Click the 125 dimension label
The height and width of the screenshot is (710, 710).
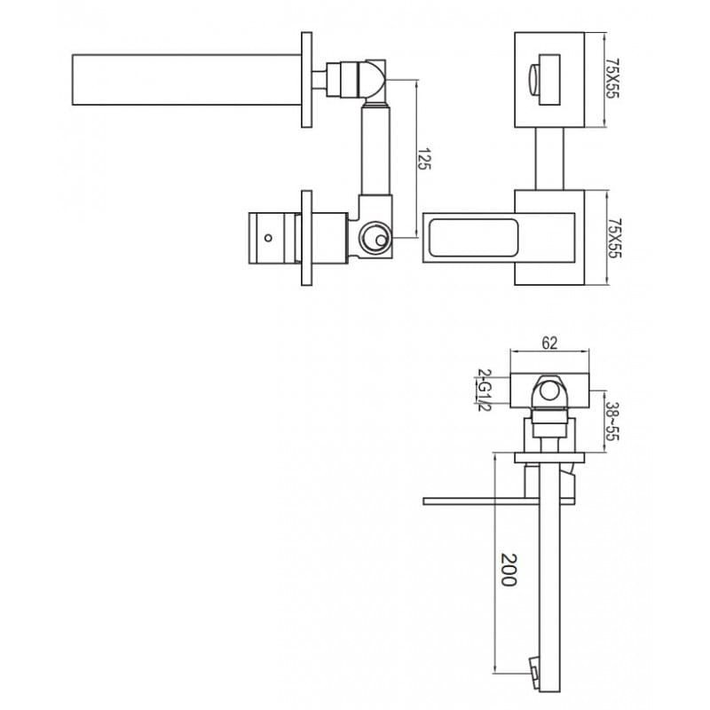point(423,159)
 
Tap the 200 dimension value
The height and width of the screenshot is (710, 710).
point(509,570)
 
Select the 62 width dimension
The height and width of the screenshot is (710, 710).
point(549,343)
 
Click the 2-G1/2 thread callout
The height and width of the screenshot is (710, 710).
point(484,390)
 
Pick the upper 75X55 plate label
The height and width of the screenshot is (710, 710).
point(612,78)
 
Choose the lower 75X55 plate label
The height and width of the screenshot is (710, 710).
point(614,239)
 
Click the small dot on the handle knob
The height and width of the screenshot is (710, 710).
point(268,238)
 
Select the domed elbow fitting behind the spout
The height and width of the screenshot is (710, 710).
point(372,79)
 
